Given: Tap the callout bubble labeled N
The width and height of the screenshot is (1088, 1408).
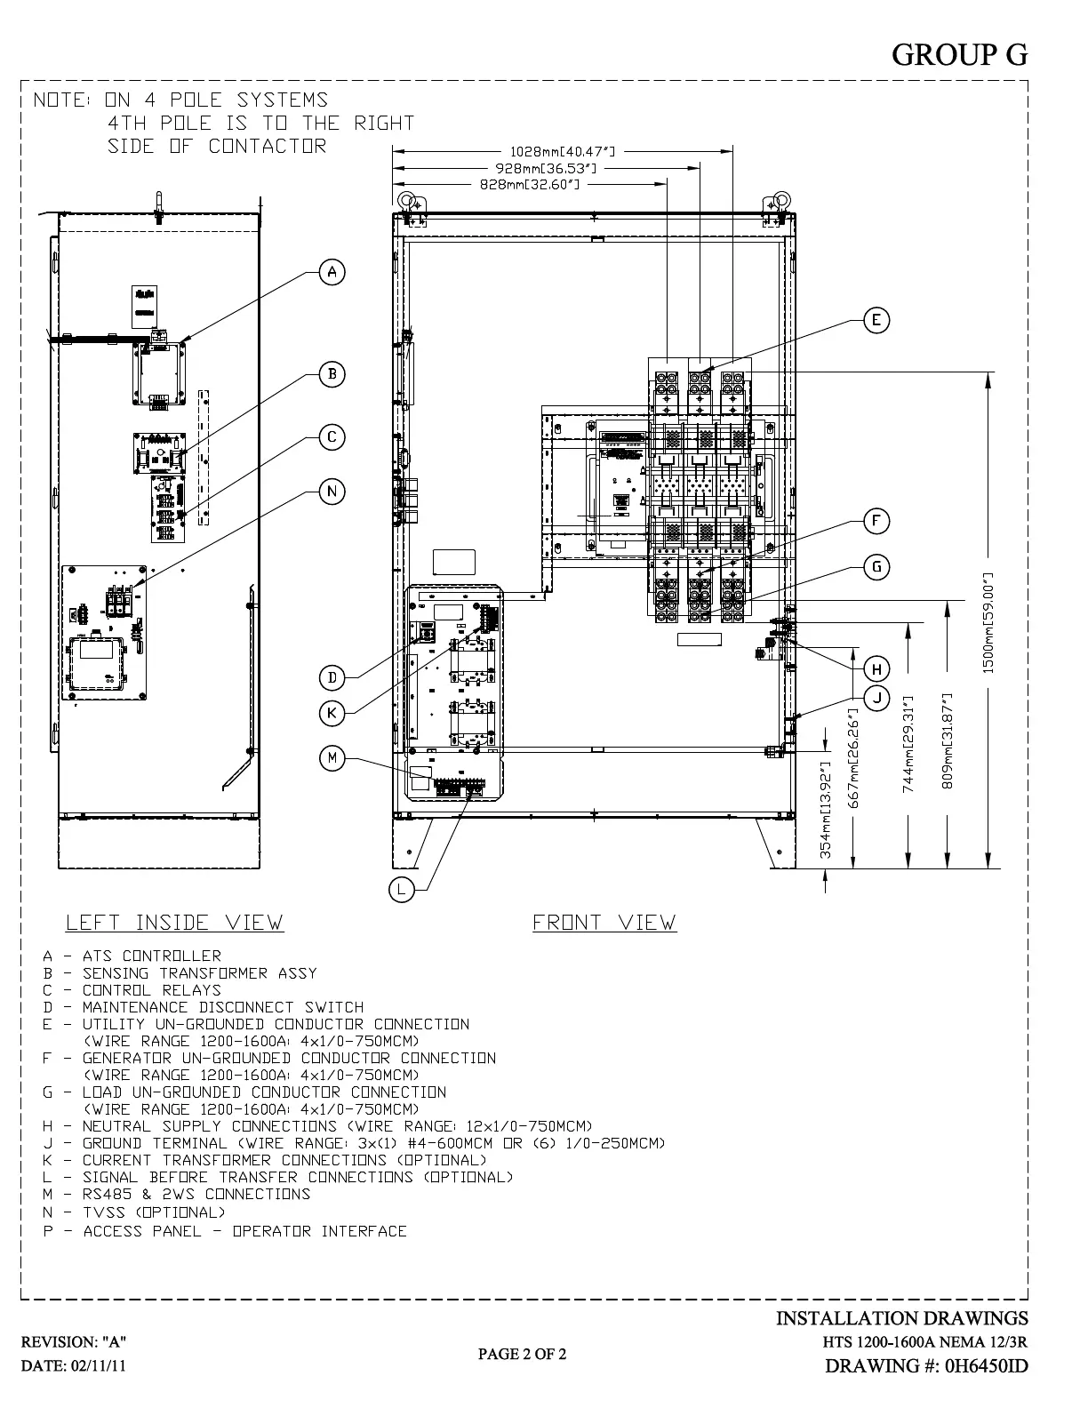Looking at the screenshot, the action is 332,492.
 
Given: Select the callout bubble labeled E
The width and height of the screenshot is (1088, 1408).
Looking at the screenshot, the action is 876,320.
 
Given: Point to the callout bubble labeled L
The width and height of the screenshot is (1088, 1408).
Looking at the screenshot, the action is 402,889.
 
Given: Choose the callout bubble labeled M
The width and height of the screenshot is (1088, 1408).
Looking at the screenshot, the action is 332,757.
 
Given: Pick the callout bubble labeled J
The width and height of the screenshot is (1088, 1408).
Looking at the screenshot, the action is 876,697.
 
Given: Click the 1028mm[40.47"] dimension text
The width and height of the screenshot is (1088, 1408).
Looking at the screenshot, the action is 563,152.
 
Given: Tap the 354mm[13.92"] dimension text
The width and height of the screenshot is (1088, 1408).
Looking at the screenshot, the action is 826,810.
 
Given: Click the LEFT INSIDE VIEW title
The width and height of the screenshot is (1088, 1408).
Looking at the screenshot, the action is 174,923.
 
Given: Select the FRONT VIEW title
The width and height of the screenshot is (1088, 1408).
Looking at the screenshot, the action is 604,923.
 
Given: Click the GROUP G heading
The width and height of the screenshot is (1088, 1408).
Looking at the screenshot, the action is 959,55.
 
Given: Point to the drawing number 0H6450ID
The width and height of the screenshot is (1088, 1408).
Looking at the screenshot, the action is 926,1365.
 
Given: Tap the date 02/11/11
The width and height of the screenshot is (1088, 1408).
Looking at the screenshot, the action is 73,1366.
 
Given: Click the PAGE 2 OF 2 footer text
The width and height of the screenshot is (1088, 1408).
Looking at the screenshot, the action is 522,1354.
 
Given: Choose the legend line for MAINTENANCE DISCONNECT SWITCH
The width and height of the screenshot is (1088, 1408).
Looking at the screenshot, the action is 204,1007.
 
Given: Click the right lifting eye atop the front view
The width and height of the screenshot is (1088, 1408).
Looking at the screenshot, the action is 781,200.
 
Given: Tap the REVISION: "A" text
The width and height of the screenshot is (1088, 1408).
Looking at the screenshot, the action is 74,1341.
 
